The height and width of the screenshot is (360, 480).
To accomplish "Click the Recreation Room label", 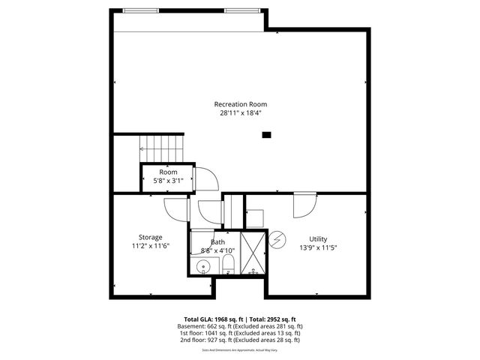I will point(240,104).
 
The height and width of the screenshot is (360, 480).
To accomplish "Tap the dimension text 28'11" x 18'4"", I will point(240,113).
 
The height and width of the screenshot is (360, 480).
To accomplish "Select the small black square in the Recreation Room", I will point(265,136).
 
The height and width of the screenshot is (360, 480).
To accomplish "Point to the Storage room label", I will point(150,237).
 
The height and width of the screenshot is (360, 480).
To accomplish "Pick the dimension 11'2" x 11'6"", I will point(150,246).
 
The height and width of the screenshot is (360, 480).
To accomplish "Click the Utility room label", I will point(318,239).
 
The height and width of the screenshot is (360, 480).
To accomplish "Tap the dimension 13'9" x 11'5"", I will point(318,248).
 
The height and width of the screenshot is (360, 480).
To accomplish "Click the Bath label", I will point(217,242).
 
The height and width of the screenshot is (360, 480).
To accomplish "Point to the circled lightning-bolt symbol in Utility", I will point(277,238).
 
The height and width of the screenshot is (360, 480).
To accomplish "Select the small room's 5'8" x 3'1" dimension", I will point(168,181).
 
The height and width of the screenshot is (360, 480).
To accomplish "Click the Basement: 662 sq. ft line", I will point(240,326).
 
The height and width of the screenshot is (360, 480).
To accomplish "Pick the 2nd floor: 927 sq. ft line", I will point(240,340).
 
